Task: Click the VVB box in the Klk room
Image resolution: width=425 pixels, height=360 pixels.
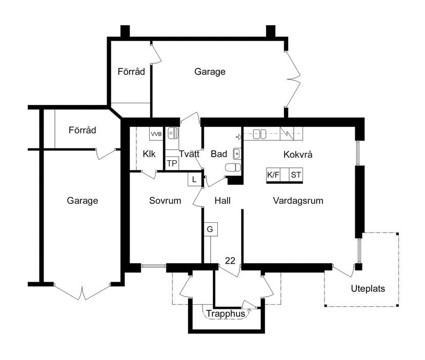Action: click(x=156, y=134)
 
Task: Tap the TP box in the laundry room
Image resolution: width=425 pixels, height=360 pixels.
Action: click(x=172, y=163)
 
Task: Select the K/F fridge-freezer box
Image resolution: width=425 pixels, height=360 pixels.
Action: click(x=273, y=175)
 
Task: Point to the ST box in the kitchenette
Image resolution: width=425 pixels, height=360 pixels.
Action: click(x=296, y=175)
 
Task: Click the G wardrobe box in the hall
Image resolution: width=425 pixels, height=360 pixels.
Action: click(x=210, y=229)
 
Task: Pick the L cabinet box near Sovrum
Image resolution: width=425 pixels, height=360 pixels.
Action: click(x=194, y=179)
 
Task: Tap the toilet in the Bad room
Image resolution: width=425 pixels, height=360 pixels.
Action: click(x=233, y=167)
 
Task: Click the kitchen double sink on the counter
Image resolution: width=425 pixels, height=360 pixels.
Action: click(x=259, y=134)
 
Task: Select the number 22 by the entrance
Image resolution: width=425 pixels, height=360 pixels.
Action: click(x=230, y=261)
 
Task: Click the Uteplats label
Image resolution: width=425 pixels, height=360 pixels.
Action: click(x=368, y=288)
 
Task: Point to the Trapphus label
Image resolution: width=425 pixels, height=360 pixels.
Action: click(x=226, y=313)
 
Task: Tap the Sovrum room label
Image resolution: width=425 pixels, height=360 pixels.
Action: click(x=165, y=201)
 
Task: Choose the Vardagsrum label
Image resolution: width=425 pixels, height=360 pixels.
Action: click(x=298, y=201)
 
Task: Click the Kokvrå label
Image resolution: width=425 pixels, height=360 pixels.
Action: click(x=298, y=154)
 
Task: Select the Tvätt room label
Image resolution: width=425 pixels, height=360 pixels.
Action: click(x=189, y=154)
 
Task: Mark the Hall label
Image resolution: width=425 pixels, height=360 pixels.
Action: click(x=222, y=201)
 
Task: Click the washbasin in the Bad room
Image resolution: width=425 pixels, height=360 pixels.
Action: click(x=237, y=154)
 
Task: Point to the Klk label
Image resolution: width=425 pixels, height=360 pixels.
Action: click(x=149, y=154)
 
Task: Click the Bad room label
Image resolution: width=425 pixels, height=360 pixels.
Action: click(x=219, y=154)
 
